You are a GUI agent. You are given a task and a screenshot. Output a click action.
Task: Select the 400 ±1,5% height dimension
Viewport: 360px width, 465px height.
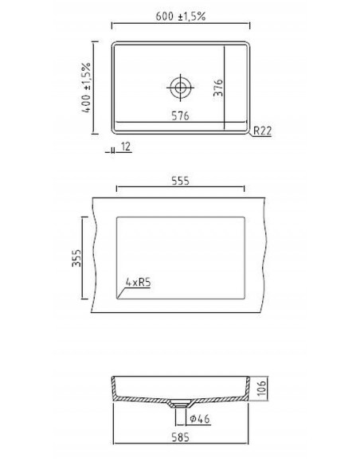click(x=85, y=88)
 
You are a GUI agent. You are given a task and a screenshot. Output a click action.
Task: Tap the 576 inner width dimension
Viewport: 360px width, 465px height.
click(x=182, y=116)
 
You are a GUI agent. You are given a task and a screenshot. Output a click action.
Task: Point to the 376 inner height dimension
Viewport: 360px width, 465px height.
click(x=217, y=86)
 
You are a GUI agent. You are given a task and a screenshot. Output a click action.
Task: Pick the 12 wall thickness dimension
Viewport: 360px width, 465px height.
click(x=127, y=147)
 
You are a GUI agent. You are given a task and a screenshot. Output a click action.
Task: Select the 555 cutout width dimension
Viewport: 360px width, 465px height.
click(x=180, y=181)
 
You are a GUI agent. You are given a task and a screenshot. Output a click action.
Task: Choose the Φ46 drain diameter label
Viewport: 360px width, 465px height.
click(x=200, y=419)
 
